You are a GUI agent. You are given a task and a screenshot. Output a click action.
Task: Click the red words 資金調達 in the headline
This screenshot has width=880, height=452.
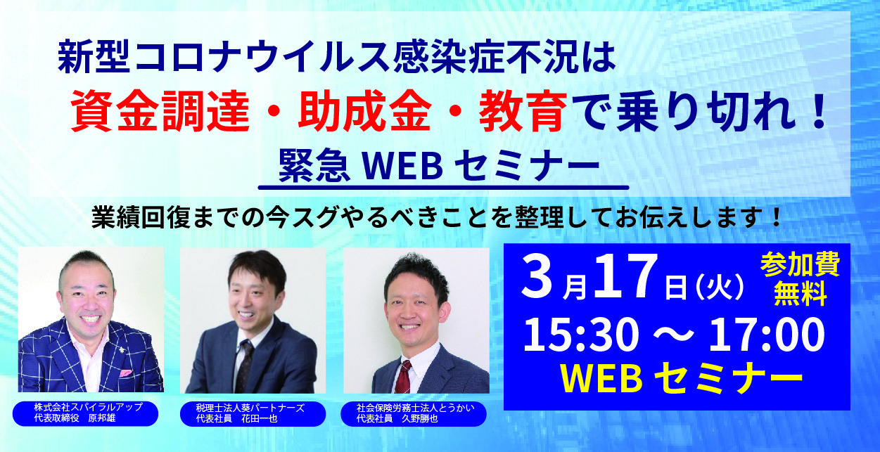pyautogui.click(x=160, y=111)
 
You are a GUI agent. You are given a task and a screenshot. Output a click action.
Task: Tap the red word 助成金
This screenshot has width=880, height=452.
pyautogui.click(x=364, y=111)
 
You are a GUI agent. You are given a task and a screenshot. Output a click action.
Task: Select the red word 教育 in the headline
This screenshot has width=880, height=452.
pyautogui.click(x=523, y=111)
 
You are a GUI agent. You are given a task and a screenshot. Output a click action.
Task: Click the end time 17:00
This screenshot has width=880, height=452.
pyautogui.click(x=766, y=335)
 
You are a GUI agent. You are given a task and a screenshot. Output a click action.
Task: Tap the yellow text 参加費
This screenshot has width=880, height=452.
pyautogui.click(x=801, y=264)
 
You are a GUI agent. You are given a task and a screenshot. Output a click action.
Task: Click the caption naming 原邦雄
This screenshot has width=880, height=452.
pyautogui.click(x=86, y=413)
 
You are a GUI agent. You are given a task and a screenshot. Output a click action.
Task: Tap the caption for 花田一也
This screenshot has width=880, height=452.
pyautogui.click(x=253, y=413)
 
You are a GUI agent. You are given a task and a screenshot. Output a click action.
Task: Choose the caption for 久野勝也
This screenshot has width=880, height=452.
pyautogui.click(x=414, y=413)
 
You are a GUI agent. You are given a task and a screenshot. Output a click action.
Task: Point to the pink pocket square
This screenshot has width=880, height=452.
pyautogui.click(x=126, y=373)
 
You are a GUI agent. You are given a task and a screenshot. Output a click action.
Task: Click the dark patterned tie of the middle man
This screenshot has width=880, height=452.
pyautogui.click(x=244, y=366)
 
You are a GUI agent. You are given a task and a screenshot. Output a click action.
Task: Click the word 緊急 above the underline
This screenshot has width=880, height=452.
pyautogui.click(x=314, y=167)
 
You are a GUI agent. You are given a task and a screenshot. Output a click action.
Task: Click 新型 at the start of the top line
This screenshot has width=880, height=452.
pyautogui.click(x=94, y=59)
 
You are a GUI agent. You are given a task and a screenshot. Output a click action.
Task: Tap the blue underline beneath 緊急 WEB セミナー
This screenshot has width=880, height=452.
pyautogui.click(x=444, y=188)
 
